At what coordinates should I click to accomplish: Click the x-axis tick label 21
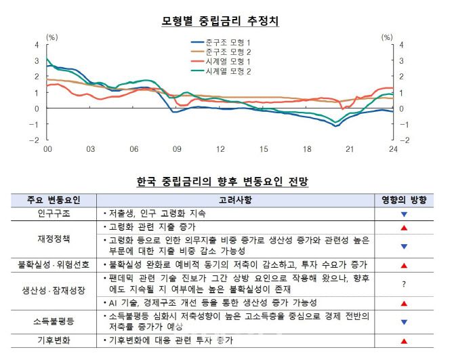click(350, 148)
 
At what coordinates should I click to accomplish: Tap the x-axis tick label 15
click(264, 148)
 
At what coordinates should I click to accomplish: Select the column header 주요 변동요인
click(53, 200)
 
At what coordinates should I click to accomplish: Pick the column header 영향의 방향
click(404, 200)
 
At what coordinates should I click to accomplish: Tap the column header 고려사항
click(236, 200)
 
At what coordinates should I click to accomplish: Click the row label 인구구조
click(53, 213)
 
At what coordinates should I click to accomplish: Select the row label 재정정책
click(53, 239)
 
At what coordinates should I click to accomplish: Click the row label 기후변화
click(53, 341)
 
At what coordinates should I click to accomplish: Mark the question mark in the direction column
click(404, 284)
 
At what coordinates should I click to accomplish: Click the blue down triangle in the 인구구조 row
click(404, 214)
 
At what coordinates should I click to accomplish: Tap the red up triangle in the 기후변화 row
click(404, 341)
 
